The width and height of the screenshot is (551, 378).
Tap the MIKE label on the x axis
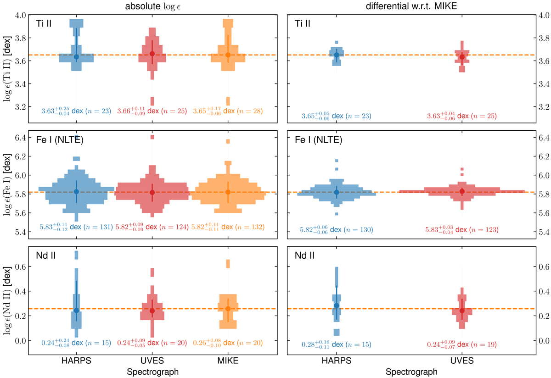(228, 361)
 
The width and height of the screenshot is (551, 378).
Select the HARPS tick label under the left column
(76, 361)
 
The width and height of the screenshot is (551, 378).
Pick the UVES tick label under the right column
(462, 361)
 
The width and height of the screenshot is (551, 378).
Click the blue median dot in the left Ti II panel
(76, 56)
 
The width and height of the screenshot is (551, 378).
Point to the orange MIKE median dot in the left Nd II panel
(228, 309)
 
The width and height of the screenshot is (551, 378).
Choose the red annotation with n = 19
(462, 344)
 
